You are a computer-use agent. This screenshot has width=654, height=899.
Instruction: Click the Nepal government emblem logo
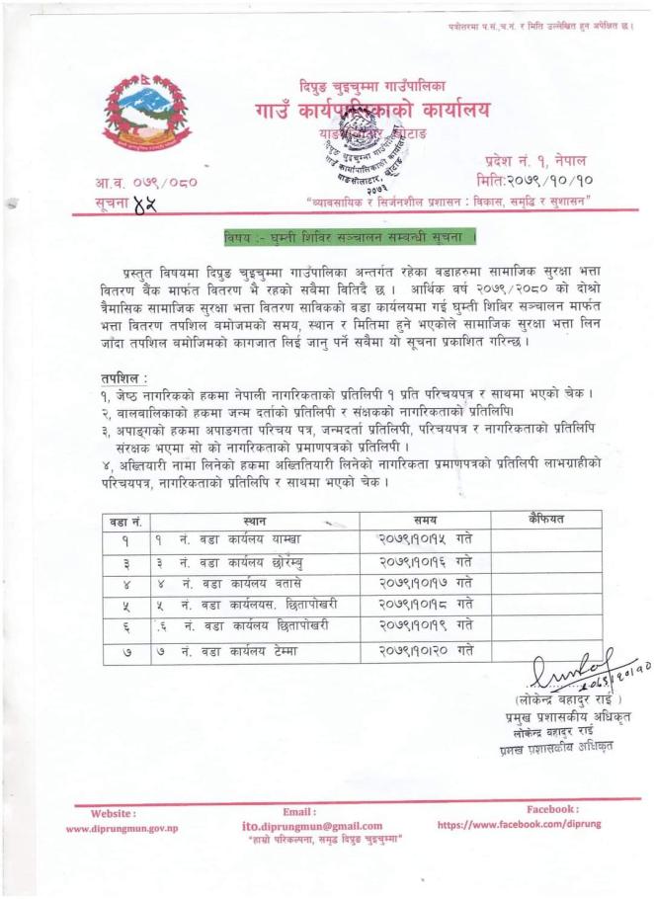coord(146,114)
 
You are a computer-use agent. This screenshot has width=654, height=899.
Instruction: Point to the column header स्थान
coord(253,521)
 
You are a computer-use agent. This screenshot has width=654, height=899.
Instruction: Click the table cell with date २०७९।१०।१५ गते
coord(425,539)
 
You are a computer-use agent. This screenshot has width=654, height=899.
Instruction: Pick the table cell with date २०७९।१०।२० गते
coord(425,650)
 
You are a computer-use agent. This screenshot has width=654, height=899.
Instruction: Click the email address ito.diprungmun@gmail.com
coord(312,826)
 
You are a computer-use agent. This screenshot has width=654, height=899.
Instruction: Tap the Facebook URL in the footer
coord(518,823)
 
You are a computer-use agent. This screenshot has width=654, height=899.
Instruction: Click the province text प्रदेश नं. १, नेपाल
coord(536,160)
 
